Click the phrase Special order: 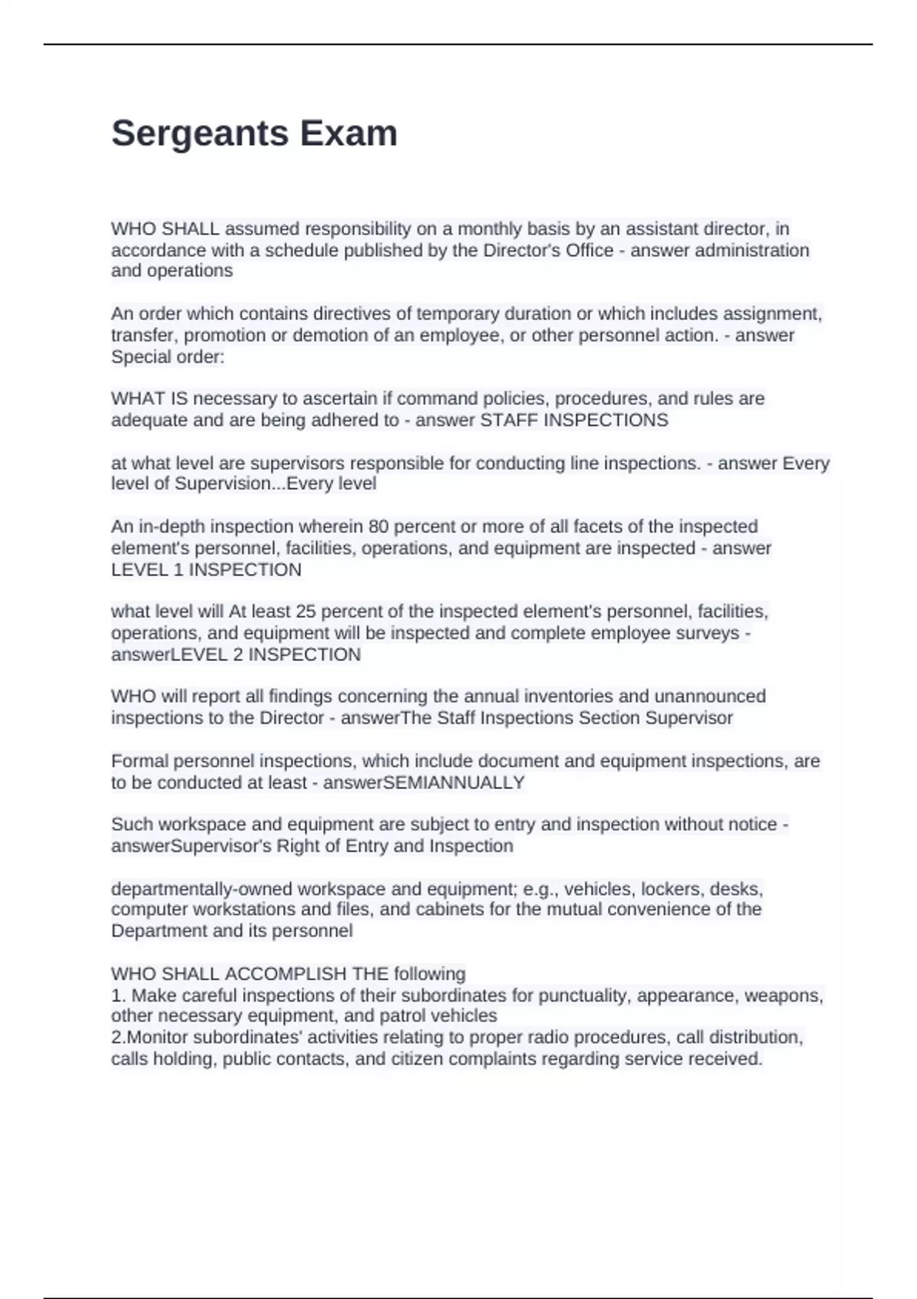[x=168, y=357]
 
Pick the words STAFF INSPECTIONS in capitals [x=573, y=420]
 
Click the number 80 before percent [x=378, y=526]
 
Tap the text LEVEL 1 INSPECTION [x=206, y=569]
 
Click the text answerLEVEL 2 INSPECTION [x=235, y=654]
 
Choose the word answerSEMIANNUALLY [x=424, y=782]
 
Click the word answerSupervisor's [x=191, y=846]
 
